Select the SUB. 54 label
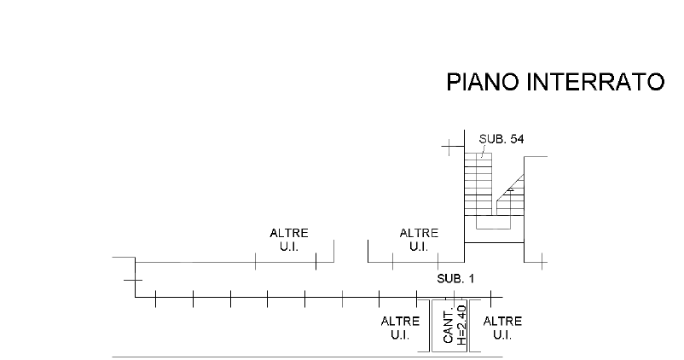[x=501, y=140]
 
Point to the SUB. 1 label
[x=455, y=279]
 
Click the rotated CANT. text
[x=448, y=325]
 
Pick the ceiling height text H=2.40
[x=461, y=325]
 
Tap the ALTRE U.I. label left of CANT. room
[x=400, y=328]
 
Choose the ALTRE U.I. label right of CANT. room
[x=502, y=328]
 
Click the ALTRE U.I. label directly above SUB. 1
[x=419, y=240]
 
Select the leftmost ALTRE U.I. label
[x=289, y=240]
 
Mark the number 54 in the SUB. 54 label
[x=515, y=140]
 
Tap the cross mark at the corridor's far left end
[x=132, y=280]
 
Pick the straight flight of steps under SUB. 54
[x=478, y=183]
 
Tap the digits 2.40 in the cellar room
[x=461, y=316]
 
